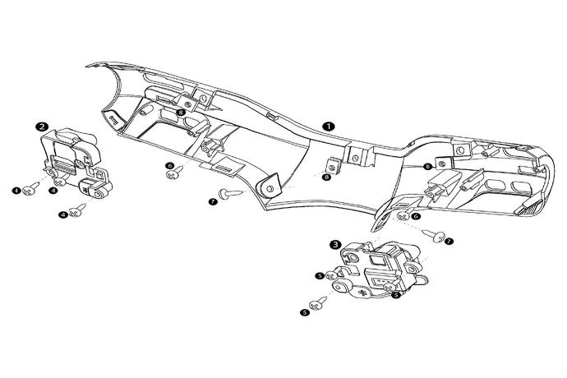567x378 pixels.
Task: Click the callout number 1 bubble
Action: [x=328, y=127]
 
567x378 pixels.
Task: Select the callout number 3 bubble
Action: [x=335, y=243]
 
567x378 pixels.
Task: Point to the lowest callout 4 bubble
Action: [x=63, y=214]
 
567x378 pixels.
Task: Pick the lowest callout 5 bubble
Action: [x=306, y=312]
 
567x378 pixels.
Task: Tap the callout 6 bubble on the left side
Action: [x=170, y=166]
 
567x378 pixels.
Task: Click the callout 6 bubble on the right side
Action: [x=416, y=216]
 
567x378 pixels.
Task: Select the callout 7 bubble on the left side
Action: [x=214, y=201]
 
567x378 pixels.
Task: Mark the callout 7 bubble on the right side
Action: [x=449, y=242]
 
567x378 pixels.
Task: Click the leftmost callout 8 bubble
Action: [x=180, y=113]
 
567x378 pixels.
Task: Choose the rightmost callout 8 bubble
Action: [x=428, y=166]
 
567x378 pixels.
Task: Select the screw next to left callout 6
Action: [x=175, y=177]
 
